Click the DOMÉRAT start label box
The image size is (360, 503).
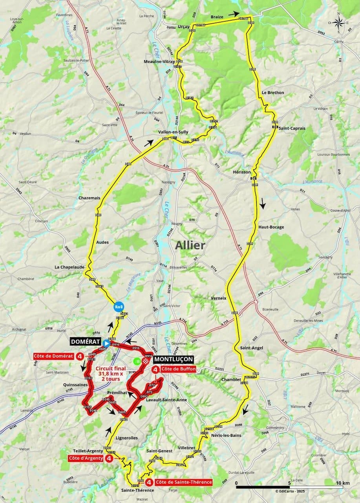[85, 342]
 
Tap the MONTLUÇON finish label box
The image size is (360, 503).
[173, 359]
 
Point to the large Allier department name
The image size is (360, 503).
[190, 246]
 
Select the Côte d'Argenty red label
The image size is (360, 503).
[85, 458]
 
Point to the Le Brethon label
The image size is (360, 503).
[272, 93]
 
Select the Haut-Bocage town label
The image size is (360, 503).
[271, 227]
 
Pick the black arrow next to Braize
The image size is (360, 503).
[234, 14]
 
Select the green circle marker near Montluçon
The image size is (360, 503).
[136, 361]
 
